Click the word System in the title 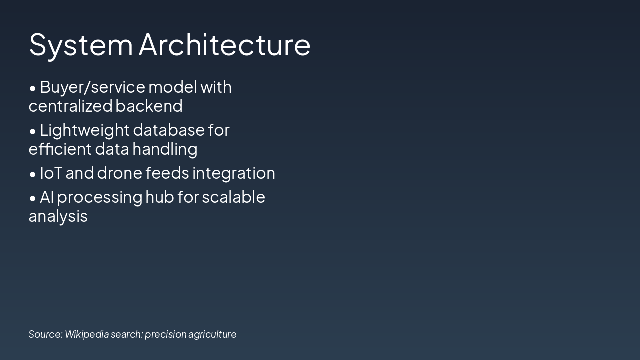click(x=81, y=45)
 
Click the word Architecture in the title click(x=224, y=45)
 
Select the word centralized click(x=70, y=106)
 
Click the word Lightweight click(x=84, y=130)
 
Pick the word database click(x=169, y=130)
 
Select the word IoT click(x=51, y=173)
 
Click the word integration click(x=233, y=173)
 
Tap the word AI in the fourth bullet click(x=46, y=197)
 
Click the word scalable click(x=233, y=197)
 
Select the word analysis click(x=58, y=216)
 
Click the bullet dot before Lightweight click(x=33, y=131)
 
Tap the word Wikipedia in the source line click(x=86, y=334)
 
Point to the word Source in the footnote click(x=45, y=334)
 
